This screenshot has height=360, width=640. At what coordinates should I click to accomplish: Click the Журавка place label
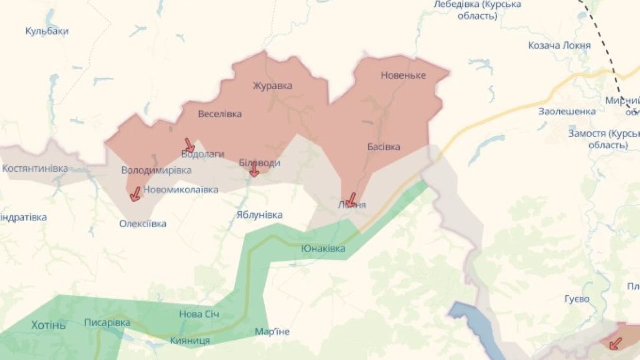pos(272,86)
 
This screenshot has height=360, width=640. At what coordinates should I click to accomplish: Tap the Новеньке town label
pos(403,75)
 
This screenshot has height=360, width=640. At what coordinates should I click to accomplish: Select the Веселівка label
pos(220,114)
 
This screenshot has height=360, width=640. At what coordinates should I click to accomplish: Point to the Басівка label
pos(384,147)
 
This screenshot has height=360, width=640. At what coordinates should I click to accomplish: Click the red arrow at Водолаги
pos(189,145)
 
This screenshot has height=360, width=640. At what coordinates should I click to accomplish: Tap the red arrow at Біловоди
pos(254,169)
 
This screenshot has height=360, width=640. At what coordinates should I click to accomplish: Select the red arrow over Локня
pos(351,200)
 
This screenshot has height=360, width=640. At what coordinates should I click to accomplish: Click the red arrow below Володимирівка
pos(135,194)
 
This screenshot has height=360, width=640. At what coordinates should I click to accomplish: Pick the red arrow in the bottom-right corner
pos(616,343)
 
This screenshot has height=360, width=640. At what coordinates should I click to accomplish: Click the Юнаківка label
pos(323,248)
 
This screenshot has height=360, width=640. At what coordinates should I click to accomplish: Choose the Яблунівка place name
pos(259,215)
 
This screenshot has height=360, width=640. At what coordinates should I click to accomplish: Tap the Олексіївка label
pos(143,224)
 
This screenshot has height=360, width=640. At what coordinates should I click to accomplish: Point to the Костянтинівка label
pos(35,168)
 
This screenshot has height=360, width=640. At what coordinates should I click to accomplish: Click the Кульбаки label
pos(47,31)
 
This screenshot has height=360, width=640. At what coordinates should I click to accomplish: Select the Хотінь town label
pos(48,325)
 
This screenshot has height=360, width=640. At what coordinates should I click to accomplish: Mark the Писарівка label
pos(107,323)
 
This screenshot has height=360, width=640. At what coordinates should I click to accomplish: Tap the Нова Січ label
pos(199,314)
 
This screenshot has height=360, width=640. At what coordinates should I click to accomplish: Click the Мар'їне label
pos(272,332)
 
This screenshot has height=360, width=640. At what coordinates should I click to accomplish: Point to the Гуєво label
pos(577,299)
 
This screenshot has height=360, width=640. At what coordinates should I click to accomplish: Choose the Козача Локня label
pos(559,45)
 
